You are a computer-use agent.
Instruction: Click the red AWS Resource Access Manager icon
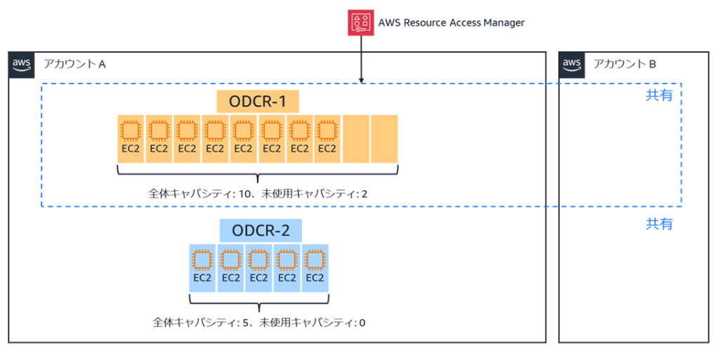(361, 22)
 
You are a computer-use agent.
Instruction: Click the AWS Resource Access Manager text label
(451, 22)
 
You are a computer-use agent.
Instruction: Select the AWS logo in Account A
(22, 64)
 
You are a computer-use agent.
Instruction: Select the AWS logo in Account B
(572, 64)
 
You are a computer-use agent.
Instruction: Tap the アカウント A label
(74, 64)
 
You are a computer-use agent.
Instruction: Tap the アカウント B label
(624, 64)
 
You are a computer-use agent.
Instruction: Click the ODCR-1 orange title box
(258, 102)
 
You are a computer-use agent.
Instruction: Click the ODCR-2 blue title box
(260, 230)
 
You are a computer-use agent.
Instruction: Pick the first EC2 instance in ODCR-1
(131, 139)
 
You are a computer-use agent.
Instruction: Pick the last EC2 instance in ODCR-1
(327, 139)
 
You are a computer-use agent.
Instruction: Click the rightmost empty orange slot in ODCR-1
(384, 139)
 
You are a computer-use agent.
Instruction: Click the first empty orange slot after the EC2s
(356, 139)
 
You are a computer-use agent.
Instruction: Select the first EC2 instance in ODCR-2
(202, 267)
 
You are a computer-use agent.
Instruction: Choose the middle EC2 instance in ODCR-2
(259, 267)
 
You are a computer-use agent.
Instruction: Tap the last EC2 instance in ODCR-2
(315, 267)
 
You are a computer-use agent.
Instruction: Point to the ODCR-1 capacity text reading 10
(258, 193)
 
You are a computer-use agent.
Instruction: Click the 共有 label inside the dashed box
(659, 95)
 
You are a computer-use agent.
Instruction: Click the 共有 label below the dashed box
(659, 224)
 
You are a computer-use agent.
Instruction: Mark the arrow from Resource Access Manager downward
(361, 60)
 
